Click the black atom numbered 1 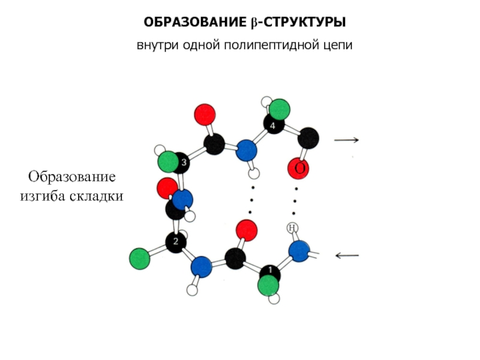[270, 271]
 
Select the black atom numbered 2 [176, 242]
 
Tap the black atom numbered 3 [183, 162]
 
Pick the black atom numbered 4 [273, 125]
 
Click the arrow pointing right [346, 140]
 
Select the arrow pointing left [347, 256]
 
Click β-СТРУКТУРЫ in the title [298, 23]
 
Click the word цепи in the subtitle [338, 46]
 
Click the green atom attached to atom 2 [139, 259]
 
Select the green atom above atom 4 [279, 110]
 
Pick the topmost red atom [205, 113]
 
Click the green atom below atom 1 [268, 285]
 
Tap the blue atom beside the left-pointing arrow [299, 251]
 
